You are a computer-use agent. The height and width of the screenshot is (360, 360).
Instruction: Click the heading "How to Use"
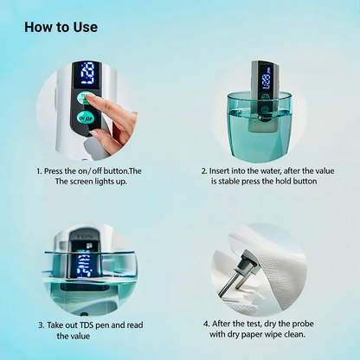pos(61,27)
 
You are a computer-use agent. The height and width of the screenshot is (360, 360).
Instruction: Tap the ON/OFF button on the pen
pos(86,118)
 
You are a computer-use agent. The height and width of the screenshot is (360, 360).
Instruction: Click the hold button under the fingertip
pos(84,99)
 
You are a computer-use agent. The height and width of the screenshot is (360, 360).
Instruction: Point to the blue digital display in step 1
pos(87,74)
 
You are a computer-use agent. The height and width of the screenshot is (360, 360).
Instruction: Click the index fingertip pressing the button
pos(91,99)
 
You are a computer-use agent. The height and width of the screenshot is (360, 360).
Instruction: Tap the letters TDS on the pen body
pos(84,237)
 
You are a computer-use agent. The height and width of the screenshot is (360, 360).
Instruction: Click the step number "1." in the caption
pos(39,171)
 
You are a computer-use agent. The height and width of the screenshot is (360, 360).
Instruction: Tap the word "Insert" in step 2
pos(220,171)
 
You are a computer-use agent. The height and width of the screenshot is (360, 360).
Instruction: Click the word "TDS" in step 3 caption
pos(87,325)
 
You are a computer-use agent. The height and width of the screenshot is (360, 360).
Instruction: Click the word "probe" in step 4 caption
pos(303,324)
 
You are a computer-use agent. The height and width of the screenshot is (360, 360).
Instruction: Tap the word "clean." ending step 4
pos(294,335)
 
